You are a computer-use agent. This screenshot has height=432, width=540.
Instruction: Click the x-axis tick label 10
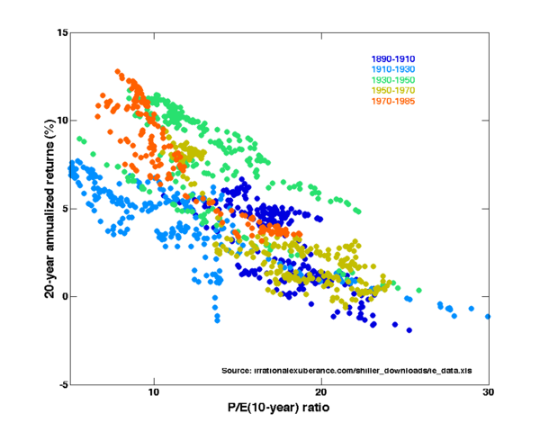154,393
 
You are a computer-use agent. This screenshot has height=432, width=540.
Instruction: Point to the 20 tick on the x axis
321,393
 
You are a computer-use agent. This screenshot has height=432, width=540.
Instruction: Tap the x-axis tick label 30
488,393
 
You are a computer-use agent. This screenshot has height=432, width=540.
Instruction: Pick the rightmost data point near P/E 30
488,317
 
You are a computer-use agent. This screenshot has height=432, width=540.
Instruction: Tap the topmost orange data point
118,72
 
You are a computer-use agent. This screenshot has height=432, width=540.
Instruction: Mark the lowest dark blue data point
409,330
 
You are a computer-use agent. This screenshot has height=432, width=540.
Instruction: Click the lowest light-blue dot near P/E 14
217,319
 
